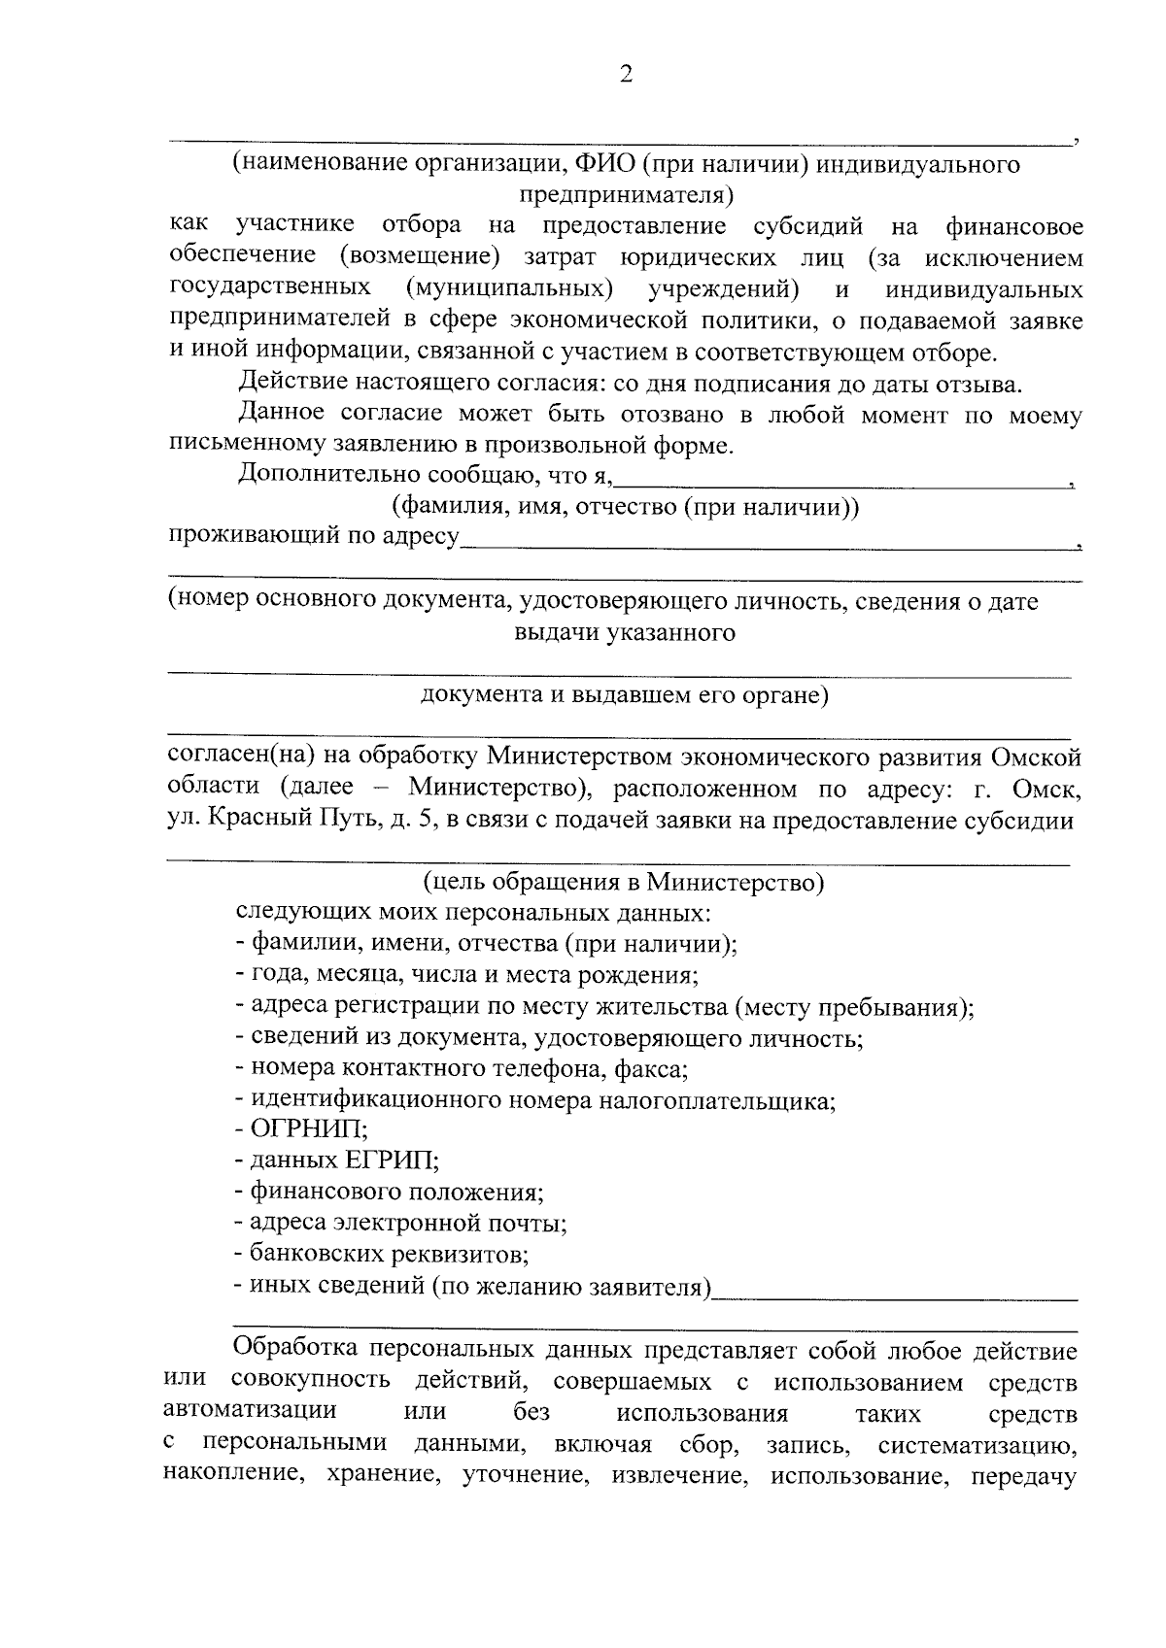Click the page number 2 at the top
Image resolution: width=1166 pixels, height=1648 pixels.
click(626, 75)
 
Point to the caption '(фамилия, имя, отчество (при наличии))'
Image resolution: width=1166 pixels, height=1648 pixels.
click(625, 507)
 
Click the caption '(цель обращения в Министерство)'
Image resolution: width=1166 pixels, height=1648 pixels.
click(624, 882)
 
